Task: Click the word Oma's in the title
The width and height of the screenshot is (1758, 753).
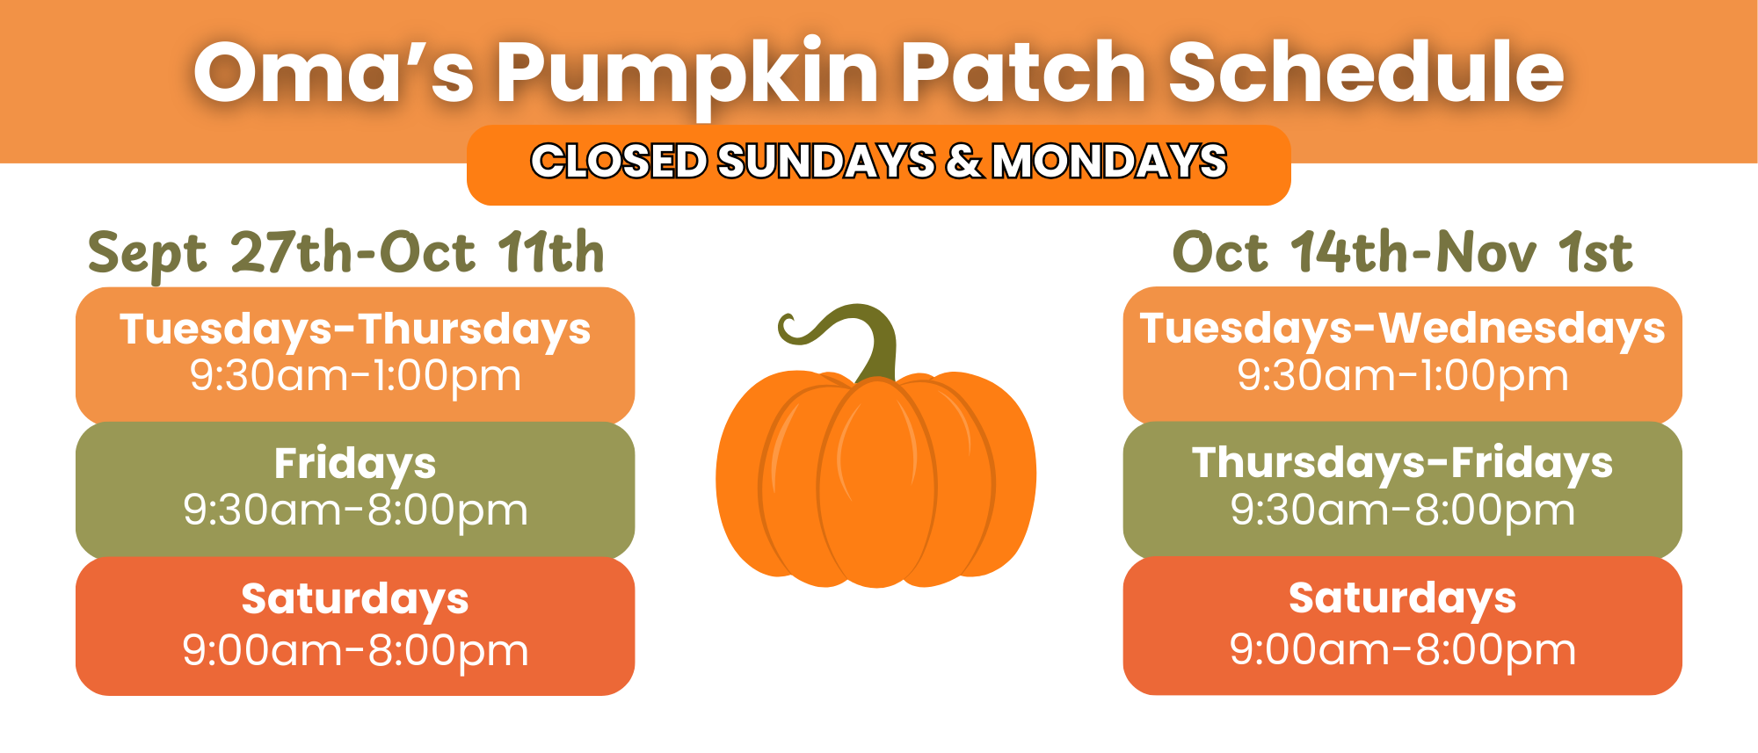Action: coord(334,72)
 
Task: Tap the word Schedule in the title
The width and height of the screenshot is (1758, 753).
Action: coord(1366,72)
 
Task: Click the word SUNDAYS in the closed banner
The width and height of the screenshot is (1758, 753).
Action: coord(826,162)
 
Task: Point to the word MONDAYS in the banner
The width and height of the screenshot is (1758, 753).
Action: coord(1109,162)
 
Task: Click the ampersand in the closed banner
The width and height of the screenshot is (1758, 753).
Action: coord(964,162)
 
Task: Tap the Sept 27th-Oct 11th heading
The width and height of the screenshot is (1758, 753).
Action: coord(346,253)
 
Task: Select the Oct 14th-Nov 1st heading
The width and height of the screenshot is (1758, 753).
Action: coord(1403,253)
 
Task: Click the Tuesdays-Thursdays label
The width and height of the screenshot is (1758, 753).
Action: coord(355,330)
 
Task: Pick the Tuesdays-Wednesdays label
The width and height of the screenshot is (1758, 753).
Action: coord(1403,329)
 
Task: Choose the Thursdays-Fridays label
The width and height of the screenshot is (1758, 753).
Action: coord(1403,464)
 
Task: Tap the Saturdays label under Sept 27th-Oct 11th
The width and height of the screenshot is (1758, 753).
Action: coord(355,600)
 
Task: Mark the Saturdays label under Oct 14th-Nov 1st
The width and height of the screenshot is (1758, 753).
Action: coord(1403,599)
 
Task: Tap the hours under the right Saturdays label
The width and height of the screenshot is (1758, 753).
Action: coord(1403,651)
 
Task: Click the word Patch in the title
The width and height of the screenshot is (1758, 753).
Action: coord(1023,72)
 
